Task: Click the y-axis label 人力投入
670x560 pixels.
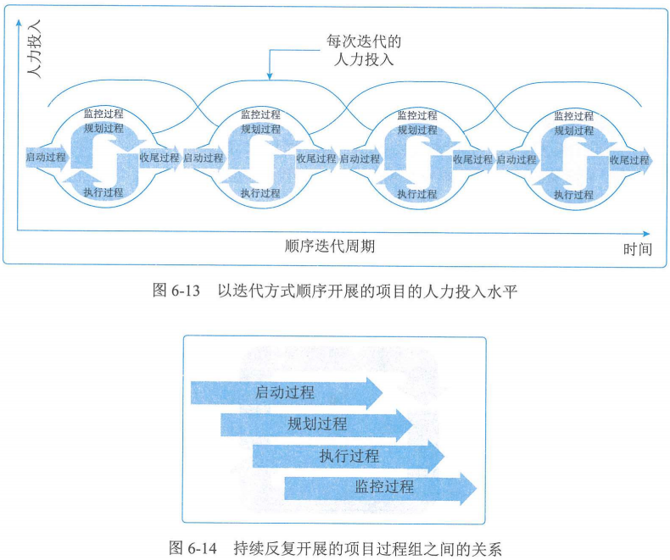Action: (x=34, y=53)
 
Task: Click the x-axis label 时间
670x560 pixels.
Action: (x=637, y=248)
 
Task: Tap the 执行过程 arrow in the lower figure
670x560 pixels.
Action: (x=349, y=457)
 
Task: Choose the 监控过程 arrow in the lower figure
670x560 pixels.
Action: (x=381, y=487)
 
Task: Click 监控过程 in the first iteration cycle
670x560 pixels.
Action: (x=103, y=114)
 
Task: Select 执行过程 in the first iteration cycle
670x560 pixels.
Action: (x=103, y=193)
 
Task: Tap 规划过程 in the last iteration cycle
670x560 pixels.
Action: (x=574, y=130)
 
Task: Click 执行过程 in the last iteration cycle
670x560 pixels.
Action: (x=574, y=194)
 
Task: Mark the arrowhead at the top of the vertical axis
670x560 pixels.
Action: (x=18, y=24)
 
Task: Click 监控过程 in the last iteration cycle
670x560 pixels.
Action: (x=574, y=116)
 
